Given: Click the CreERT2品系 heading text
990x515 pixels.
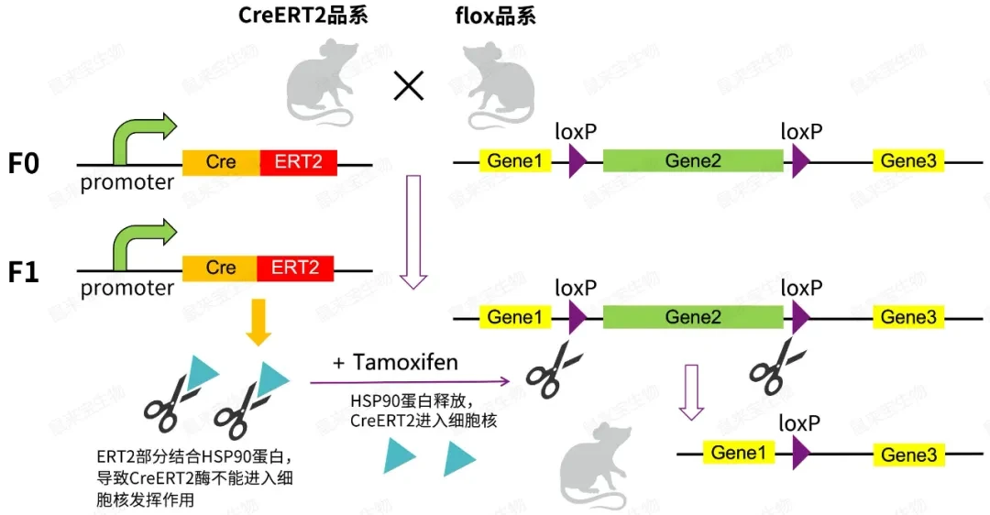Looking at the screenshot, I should [x=302, y=16].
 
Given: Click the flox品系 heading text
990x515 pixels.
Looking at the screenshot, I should [x=495, y=16].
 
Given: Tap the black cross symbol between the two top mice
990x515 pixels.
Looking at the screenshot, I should [x=408, y=86].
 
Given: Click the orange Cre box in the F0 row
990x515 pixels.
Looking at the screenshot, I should [x=221, y=162].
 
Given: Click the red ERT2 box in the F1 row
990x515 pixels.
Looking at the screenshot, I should [x=295, y=268].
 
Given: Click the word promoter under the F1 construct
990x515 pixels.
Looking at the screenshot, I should [x=126, y=289].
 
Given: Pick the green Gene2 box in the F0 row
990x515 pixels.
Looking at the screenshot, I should [x=693, y=161].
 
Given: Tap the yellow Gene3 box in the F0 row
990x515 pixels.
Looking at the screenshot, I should [x=908, y=161].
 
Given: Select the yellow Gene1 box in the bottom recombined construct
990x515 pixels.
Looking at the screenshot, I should [x=738, y=453].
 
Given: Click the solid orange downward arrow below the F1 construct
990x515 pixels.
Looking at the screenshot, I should [x=258, y=323].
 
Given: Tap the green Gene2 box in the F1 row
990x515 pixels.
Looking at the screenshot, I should [x=693, y=317].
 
